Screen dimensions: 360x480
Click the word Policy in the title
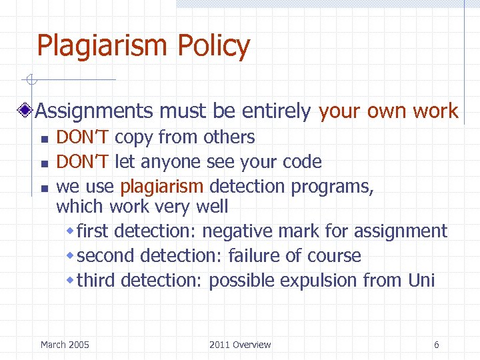(214, 47)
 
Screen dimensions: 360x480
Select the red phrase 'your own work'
(389, 111)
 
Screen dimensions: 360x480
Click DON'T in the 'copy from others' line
(83, 137)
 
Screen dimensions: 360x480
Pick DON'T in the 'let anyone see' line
(83, 162)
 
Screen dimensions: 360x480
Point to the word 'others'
(229, 137)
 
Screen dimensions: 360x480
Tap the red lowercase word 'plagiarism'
(163, 187)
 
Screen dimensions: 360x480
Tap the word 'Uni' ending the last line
(421, 281)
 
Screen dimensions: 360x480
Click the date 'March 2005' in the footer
(65, 345)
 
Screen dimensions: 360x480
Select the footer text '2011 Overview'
(240, 345)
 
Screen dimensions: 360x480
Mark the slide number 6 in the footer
(436, 345)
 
